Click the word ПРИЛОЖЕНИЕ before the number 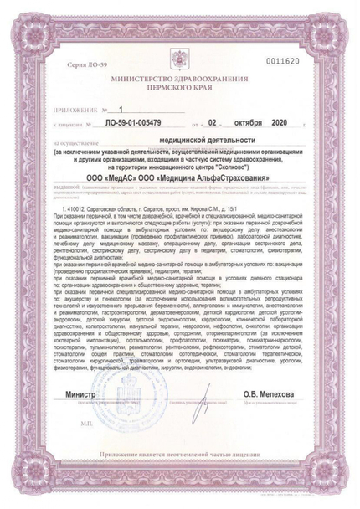(x=75, y=110)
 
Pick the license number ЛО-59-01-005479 (x=139, y=123)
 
